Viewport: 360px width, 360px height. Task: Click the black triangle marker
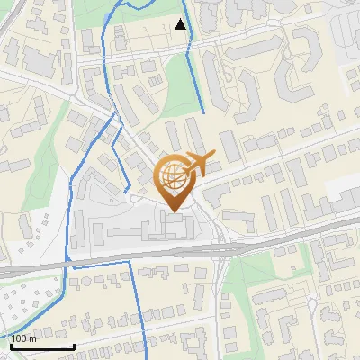[x=181, y=24]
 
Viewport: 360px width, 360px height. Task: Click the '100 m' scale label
[x=24, y=338]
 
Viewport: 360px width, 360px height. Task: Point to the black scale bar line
[x=42, y=346]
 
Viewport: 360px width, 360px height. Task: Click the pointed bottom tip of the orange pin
[x=173, y=211]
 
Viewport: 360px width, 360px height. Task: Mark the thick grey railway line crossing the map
[x=270, y=238]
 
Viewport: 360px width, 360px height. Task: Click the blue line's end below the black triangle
[x=203, y=112]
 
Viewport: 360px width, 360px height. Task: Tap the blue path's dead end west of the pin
[x=123, y=192]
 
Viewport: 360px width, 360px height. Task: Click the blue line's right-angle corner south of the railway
[x=130, y=262]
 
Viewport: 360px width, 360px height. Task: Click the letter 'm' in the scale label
[x=33, y=338]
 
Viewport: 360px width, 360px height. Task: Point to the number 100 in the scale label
[x=20, y=338]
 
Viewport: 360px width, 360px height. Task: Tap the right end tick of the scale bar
[x=74, y=345]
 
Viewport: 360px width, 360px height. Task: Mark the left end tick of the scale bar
[x=10, y=345]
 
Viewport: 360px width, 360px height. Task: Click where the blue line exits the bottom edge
[x=144, y=357]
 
